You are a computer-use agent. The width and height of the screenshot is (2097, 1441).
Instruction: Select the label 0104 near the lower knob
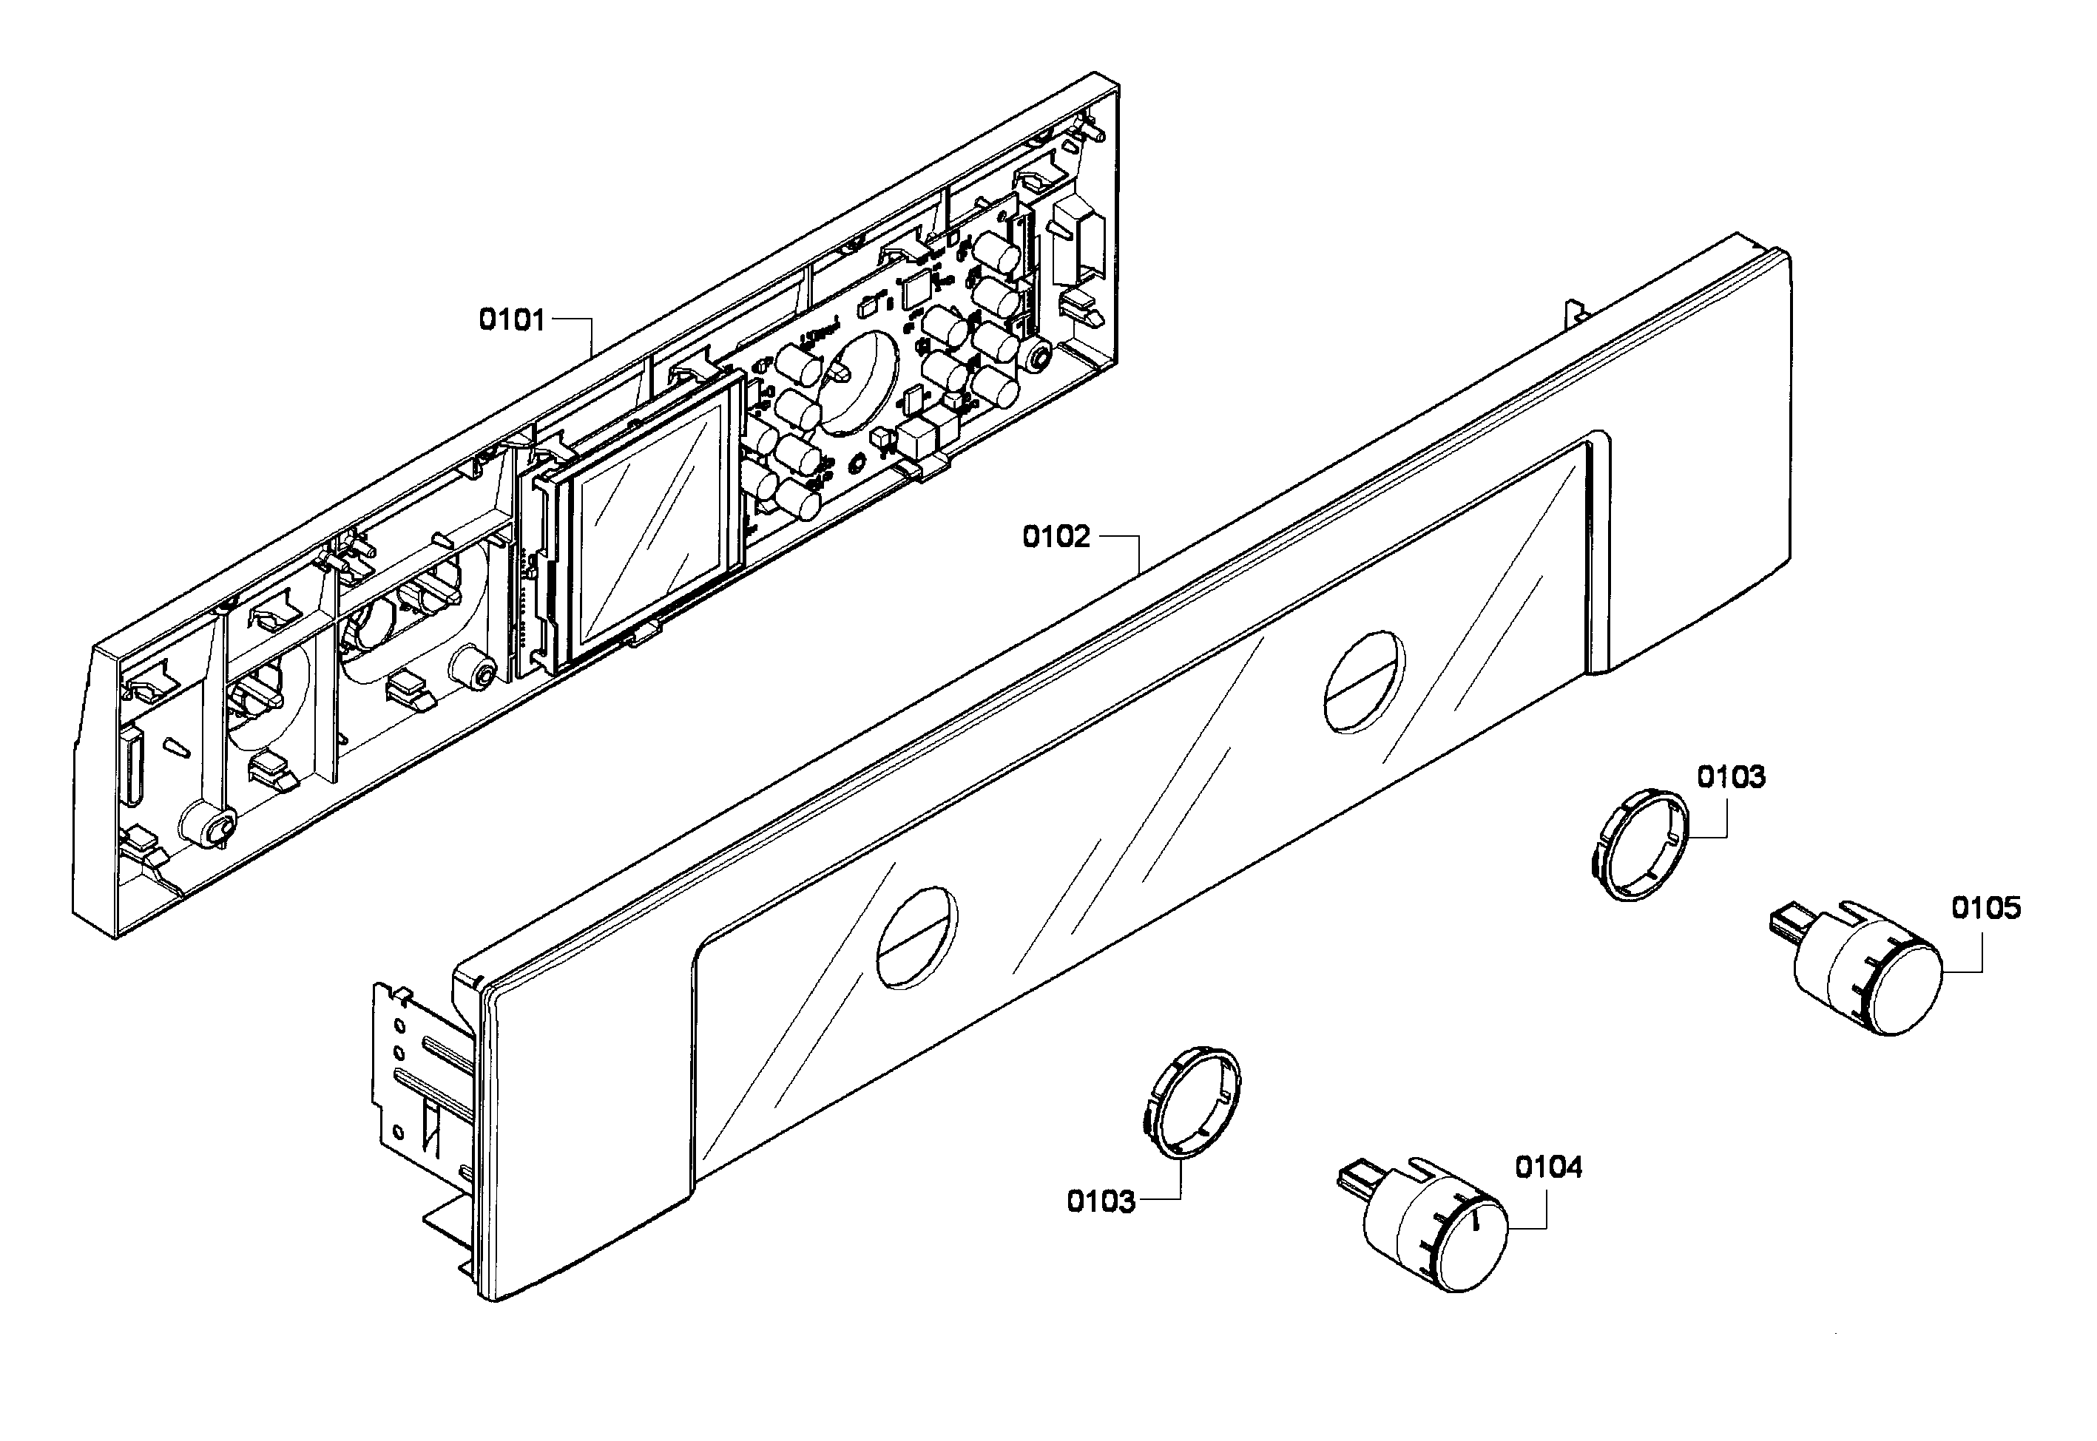point(1548,1167)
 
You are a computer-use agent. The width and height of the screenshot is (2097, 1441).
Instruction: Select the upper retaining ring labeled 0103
point(1638,844)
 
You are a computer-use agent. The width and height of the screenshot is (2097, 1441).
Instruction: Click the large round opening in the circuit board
point(858,379)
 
